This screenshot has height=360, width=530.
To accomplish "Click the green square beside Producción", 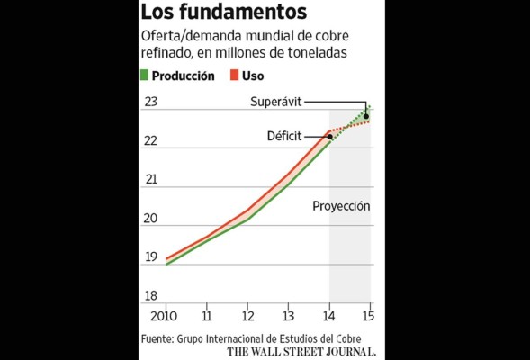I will coord(145,76).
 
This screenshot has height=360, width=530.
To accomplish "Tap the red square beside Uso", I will coord(232,76).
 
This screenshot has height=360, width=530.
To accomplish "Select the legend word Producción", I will coord(184,76).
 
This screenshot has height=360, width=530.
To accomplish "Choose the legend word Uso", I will coord(253,76).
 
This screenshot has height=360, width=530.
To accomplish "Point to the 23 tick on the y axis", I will coord(150,102).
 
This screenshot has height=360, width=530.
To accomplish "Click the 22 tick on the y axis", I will coord(150,141).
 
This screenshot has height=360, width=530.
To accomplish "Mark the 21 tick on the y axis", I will coord(150,179).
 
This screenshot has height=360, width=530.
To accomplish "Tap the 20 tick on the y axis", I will coord(150,219).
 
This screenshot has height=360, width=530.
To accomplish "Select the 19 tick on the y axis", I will coord(150,257).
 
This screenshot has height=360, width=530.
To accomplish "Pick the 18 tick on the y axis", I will coord(150,296).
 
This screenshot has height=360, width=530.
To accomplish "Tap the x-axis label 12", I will coord(246,317).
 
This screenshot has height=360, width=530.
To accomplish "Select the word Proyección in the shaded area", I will coord(341,205).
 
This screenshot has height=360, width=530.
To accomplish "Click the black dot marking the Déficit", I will coord(329,137).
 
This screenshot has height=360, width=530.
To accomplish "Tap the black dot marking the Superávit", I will coord(365,116).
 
